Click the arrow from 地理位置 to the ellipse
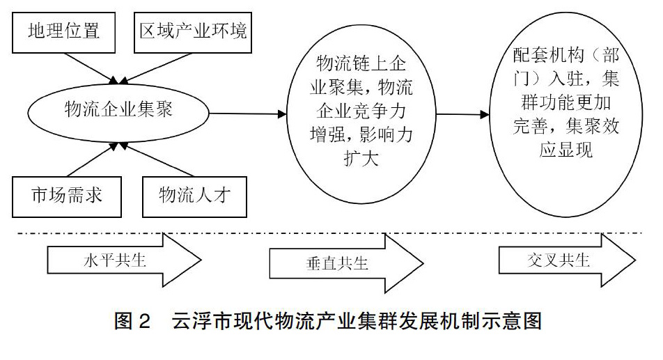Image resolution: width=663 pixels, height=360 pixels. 91,68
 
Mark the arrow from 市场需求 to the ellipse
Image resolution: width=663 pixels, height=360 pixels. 92,159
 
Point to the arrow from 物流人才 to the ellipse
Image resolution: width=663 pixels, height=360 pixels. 157,159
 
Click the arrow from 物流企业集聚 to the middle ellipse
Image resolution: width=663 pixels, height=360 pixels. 248,114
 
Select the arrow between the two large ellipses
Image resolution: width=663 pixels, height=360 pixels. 462,114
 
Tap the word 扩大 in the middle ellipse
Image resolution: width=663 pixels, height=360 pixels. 361,159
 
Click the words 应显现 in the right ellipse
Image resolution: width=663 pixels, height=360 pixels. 566,149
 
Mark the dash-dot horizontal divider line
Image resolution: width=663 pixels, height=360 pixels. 330,233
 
